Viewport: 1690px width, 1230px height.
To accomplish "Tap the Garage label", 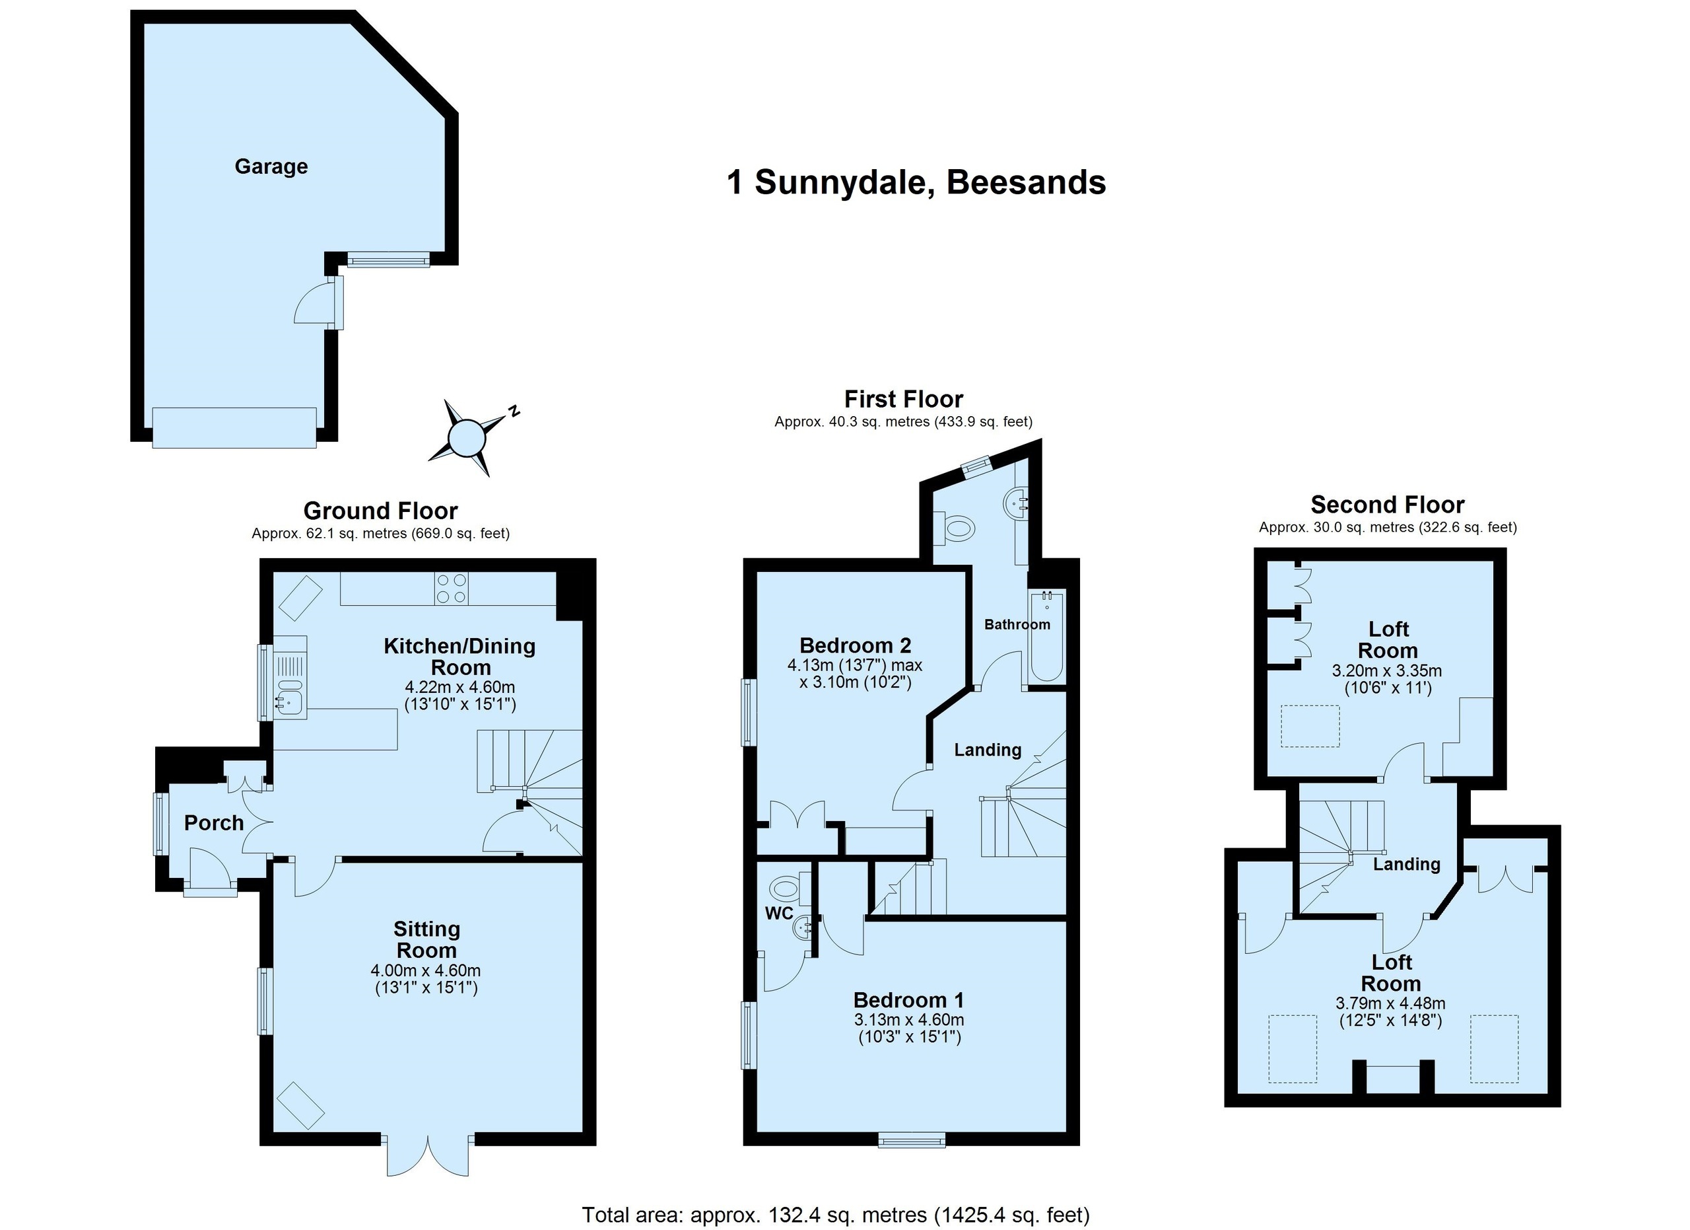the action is pyautogui.click(x=271, y=166).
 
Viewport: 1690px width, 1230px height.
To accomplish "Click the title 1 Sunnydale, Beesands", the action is pyautogui.click(x=916, y=182).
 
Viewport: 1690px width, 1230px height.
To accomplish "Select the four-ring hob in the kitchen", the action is pyautogui.click(x=452, y=587).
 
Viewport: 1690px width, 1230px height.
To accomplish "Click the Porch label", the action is pyautogui.click(x=214, y=823).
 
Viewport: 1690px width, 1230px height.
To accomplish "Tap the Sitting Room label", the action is pyautogui.click(x=426, y=939).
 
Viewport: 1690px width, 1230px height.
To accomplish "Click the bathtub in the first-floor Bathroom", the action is pyautogui.click(x=1047, y=637).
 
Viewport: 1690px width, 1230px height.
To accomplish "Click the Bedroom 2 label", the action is pyautogui.click(x=856, y=645).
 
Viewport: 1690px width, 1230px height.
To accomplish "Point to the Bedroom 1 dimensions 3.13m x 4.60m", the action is pyautogui.click(x=909, y=1019).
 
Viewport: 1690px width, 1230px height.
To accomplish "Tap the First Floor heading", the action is pyautogui.click(x=903, y=399).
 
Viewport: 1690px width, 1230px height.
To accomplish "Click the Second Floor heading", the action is pyautogui.click(x=1388, y=505).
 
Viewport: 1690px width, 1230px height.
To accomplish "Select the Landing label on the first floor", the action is pyautogui.click(x=988, y=750).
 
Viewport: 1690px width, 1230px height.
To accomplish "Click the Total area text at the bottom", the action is pyautogui.click(x=835, y=1215).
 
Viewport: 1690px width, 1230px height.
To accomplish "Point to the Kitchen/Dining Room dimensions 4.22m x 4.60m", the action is pyautogui.click(x=459, y=686).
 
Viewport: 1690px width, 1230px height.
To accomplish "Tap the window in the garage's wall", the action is pyautogui.click(x=388, y=259).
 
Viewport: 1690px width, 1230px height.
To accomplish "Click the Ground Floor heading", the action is pyautogui.click(x=380, y=511).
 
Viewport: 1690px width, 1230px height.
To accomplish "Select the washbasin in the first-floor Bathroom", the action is pyautogui.click(x=1015, y=504).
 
